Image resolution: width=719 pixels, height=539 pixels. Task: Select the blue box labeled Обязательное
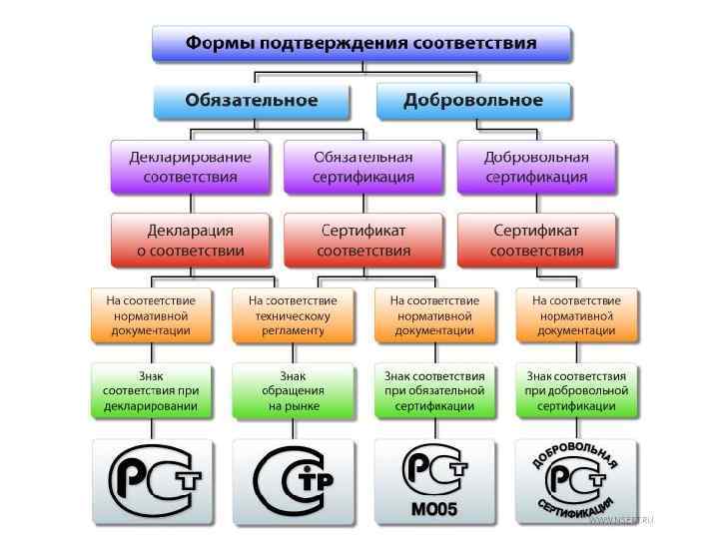coord(252,101)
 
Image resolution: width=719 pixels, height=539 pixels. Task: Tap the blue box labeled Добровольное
coord(473,101)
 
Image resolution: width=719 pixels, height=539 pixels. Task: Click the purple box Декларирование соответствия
coord(190,167)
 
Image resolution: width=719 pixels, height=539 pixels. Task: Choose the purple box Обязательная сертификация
coord(363,167)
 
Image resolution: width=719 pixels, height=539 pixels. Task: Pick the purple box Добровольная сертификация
coord(536,167)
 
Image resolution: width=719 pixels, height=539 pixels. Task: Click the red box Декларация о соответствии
coord(190,241)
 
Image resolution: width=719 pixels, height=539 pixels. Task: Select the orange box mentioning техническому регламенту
coord(293,315)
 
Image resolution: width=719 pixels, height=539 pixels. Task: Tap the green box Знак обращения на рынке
coord(293,391)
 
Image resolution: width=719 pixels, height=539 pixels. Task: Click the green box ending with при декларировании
coord(152,391)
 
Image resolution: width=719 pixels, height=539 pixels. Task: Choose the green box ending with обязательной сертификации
coord(434,391)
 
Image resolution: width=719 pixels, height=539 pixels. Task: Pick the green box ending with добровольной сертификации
coord(576,391)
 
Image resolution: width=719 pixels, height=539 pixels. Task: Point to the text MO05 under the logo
coord(434,510)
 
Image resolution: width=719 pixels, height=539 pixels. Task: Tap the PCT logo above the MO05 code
coord(434,470)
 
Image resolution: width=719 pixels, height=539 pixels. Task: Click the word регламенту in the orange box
coord(293,329)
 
